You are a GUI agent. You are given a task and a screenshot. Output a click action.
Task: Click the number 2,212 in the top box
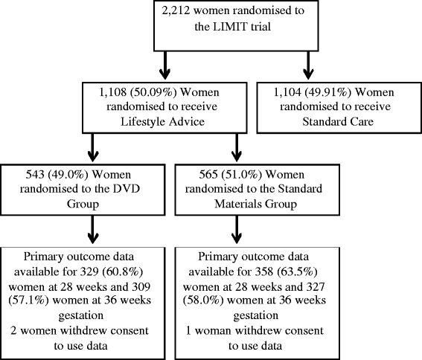click(175, 11)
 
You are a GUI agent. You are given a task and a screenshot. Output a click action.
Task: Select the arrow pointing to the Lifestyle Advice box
click(164, 65)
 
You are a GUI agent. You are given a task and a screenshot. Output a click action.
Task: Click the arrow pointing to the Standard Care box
click(308, 65)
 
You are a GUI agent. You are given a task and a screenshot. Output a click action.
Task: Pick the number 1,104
click(287, 92)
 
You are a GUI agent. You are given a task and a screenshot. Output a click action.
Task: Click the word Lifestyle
click(143, 122)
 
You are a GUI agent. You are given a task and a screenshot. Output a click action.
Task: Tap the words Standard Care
click(338, 122)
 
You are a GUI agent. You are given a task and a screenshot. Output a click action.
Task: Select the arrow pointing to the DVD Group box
click(93, 147)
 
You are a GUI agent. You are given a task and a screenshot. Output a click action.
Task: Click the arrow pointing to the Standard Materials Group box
click(237, 147)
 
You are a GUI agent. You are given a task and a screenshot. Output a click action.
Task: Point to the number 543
click(35, 175)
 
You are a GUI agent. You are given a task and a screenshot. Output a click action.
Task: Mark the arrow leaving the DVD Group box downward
click(93, 230)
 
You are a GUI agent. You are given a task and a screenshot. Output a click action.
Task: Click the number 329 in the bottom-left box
click(89, 271)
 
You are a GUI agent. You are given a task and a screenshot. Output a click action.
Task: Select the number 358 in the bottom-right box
click(264, 271)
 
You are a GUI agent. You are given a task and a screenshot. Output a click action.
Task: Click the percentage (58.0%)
click(203, 300)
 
